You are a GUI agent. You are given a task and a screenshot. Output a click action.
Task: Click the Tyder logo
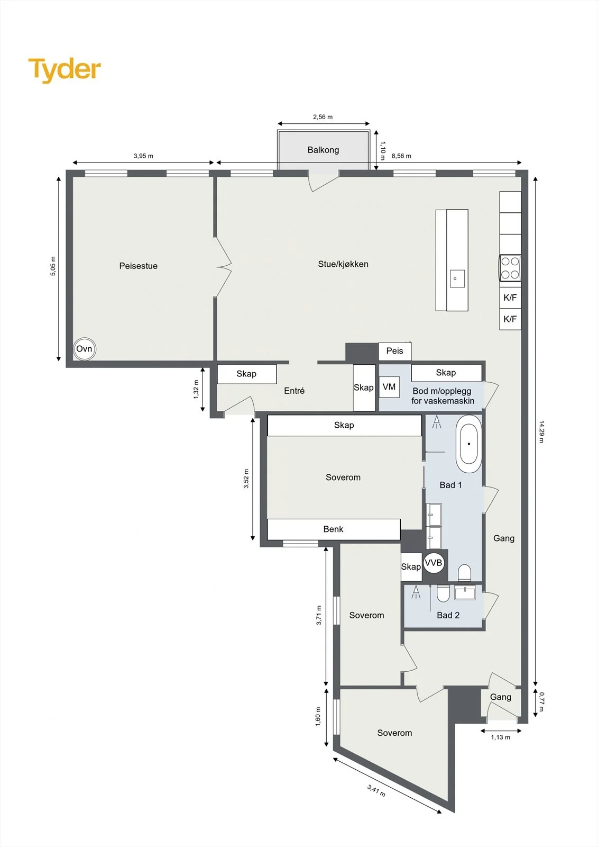click(x=65, y=70)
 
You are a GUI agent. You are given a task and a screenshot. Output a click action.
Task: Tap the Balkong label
click(x=323, y=150)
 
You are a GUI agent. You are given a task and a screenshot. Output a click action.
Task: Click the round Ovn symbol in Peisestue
click(x=84, y=349)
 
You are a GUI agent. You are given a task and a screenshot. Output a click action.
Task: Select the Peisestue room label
click(x=138, y=266)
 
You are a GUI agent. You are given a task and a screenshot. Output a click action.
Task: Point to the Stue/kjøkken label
click(x=343, y=264)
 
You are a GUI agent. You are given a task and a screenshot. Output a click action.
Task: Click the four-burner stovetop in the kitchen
click(x=510, y=268)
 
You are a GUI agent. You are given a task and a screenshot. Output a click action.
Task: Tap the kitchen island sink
click(x=457, y=278)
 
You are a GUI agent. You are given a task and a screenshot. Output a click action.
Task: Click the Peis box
click(x=395, y=351)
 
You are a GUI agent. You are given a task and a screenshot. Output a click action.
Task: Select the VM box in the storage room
click(x=389, y=387)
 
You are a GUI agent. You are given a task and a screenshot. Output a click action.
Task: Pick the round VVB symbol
click(x=433, y=563)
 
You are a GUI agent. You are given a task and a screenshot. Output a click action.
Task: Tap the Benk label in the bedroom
click(x=333, y=529)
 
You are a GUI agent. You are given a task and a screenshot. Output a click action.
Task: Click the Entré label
click(x=295, y=391)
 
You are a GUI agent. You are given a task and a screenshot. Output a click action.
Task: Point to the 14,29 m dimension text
click(x=541, y=431)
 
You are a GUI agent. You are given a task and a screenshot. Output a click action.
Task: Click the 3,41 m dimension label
click(x=376, y=790)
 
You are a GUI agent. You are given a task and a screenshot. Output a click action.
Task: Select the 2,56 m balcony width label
click(x=323, y=117)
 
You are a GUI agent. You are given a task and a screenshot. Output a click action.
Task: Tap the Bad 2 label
click(x=448, y=615)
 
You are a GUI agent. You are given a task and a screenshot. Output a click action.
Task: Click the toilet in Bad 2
click(x=443, y=593)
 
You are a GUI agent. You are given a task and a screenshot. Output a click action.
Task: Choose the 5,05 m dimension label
click(x=53, y=266)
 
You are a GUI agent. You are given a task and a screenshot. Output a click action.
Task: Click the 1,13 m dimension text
click(x=501, y=737)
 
